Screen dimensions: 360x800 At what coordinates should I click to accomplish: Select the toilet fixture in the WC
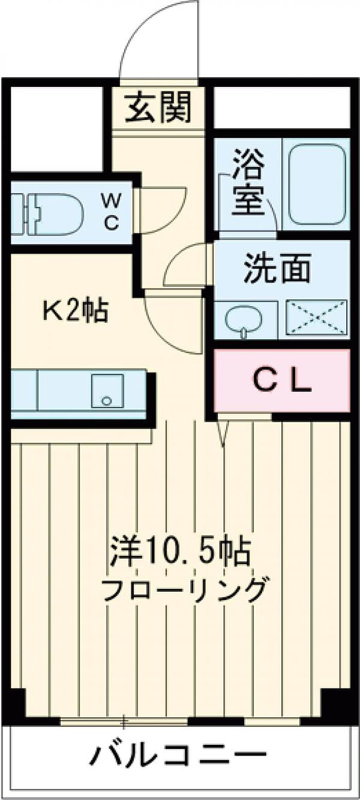[x=47, y=215]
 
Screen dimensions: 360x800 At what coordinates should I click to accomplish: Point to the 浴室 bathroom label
[x=248, y=183]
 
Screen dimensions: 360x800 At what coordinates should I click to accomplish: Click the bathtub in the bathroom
[x=317, y=184]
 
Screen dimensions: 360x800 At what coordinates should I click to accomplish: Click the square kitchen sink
[x=107, y=390]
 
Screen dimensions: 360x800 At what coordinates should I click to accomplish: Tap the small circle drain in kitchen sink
[x=106, y=400]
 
